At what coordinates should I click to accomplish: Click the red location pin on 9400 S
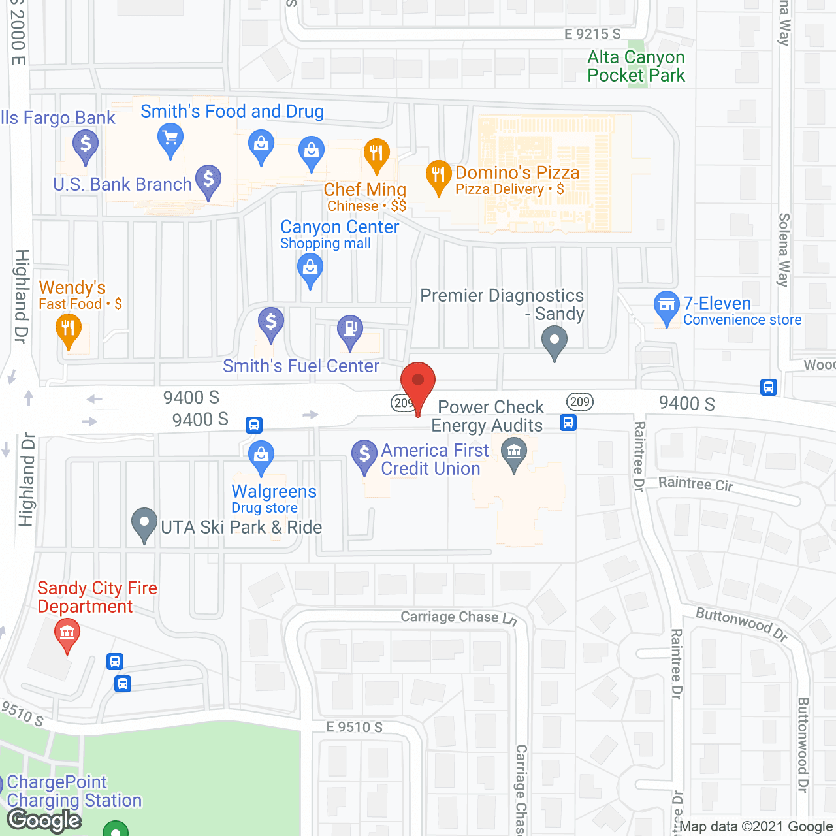[418, 382]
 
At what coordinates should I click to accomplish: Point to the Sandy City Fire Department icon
[67, 632]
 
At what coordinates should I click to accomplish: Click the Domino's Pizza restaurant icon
[438, 175]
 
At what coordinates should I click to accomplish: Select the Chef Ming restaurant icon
[376, 154]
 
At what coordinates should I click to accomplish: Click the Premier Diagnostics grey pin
[555, 340]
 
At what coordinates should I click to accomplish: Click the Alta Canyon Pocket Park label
[636, 67]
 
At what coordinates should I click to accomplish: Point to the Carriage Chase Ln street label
[458, 617]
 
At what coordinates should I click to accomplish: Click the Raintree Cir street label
[696, 483]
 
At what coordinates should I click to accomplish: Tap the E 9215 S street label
[592, 34]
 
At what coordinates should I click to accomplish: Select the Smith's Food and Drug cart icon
[170, 139]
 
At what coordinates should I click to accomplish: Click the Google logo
[44, 820]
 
